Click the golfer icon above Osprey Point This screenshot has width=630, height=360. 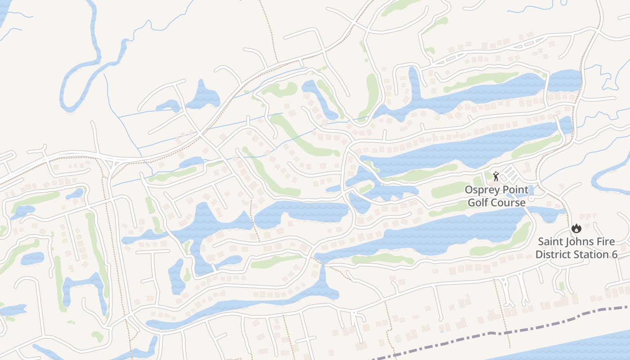[x=496, y=176]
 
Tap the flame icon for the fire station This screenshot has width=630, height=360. [x=576, y=229]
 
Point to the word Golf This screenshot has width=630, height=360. [x=477, y=202]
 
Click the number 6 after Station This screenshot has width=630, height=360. [x=614, y=255]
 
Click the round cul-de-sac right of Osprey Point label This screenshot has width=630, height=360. [x=531, y=198]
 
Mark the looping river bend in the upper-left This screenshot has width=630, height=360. [x=72, y=90]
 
